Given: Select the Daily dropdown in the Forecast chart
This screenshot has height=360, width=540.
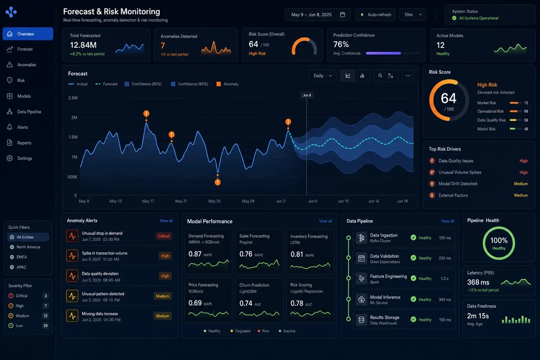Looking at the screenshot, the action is [322, 76].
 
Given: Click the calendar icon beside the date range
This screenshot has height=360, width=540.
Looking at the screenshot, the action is [342, 15].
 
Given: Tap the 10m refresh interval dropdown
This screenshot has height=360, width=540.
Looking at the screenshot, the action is [413, 15].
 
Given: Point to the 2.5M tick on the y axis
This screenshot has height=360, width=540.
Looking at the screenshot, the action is [73, 98].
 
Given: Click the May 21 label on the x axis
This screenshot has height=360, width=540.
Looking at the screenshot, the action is [181, 201].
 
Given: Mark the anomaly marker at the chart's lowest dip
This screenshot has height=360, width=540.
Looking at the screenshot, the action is [217, 182].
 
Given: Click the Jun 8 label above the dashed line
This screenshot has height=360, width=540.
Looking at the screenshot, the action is [307, 95].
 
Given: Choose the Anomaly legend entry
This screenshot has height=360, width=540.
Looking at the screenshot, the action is [227, 84].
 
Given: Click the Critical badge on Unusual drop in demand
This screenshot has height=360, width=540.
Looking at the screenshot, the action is [164, 236].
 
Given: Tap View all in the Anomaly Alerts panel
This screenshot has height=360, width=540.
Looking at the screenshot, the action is [166, 220].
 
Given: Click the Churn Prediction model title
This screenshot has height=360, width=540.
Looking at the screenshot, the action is [254, 285].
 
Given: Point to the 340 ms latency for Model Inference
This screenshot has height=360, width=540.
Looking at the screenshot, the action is [445, 300].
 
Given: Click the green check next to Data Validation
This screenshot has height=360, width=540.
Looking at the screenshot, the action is [413, 258].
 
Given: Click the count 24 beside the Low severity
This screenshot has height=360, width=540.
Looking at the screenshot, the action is [45, 326].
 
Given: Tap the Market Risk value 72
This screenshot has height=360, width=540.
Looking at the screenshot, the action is [526, 103].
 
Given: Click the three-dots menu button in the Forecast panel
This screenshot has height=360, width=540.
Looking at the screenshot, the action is [408, 76].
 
